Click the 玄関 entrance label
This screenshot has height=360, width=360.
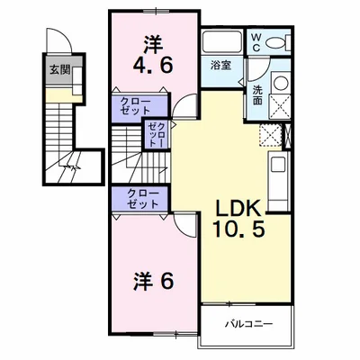click(59, 69)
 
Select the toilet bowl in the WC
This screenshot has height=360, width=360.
click(276, 42)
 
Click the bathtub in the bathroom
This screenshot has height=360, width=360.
click(222, 42)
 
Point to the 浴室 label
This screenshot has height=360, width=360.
click(220, 66)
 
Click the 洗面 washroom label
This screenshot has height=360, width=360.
click(257, 95)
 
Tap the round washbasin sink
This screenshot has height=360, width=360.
click(281, 82)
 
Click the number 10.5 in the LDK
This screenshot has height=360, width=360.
click(239, 229)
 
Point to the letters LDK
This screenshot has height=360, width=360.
click(238, 208)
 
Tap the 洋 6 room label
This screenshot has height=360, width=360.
click(153, 281)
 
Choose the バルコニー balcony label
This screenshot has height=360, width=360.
click(248, 324)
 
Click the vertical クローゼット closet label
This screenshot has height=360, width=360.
click(157, 134)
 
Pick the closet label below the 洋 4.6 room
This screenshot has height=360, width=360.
click(135, 105)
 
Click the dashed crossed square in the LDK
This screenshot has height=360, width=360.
click(270, 135)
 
